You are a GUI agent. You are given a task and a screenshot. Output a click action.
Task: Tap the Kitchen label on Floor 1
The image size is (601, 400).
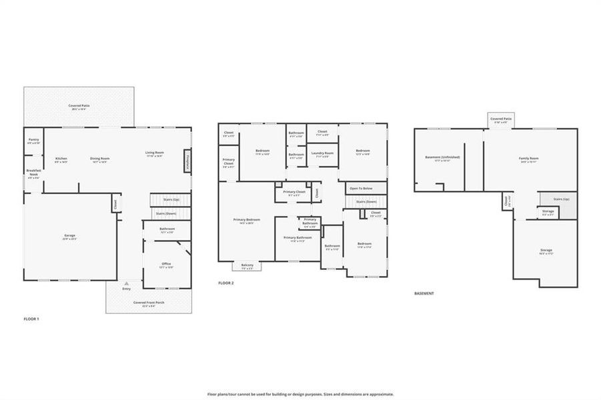pyautogui.click(x=61, y=159)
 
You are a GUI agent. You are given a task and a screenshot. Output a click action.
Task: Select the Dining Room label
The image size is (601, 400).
pyautogui.click(x=100, y=159)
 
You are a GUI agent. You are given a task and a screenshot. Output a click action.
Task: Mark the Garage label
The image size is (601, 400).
pyautogui.click(x=69, y=237)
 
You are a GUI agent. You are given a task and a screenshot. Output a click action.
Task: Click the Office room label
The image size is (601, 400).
pyautogui.click(x=166, y=265)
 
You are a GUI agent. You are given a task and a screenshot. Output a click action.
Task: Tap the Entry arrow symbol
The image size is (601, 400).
pyautogui.click(x=126, y=284)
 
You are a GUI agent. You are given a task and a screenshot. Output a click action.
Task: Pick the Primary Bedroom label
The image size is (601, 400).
pyautogui.click(x=246, y=221)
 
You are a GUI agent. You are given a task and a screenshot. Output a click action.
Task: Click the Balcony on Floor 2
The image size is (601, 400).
pyautogui.click(x=247, y=266)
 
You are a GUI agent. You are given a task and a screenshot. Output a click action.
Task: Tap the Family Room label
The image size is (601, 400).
pyautogui.click(x=528, y=159)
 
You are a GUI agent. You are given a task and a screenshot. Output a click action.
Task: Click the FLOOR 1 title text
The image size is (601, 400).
pyautogui.click(x=31, y=319)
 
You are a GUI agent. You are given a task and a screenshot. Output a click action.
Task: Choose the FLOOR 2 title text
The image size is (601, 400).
pyautogui.click(x=226, y=283)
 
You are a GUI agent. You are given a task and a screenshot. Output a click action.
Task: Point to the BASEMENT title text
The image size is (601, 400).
pyautogui.click(x=424, y=294)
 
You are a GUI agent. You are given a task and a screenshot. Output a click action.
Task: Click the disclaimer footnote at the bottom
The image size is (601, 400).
pyautogui.click(x=300, y=394)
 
